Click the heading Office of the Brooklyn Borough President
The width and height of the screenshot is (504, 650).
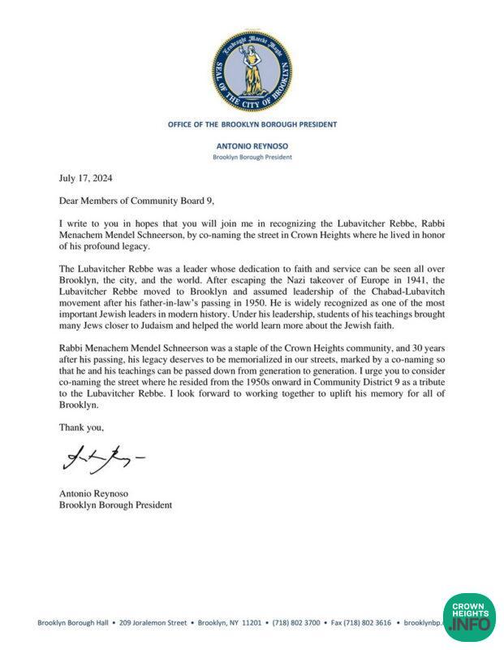pyautogui.click(x=252, y=124)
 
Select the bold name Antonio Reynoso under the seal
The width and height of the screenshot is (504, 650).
pyautogui.click(x=252, y=146)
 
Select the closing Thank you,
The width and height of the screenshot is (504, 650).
pyautogui.click(x=82, y=425)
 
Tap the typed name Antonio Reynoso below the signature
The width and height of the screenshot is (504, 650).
pyautogui.click(x=93, y=493)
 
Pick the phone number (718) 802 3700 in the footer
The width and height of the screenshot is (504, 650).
pyautogui.click(x=290, y=622)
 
